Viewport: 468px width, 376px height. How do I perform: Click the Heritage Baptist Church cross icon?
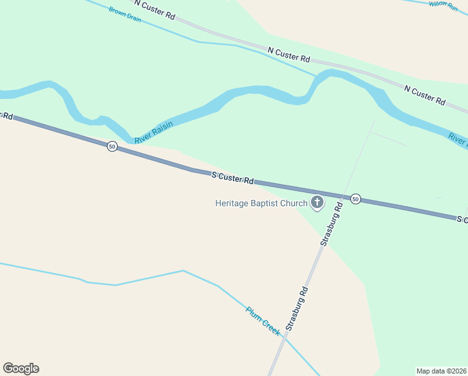[317, 202]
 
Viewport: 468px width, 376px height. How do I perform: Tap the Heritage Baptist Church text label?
[262, 203]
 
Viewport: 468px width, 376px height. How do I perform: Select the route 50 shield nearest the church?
[355, 199]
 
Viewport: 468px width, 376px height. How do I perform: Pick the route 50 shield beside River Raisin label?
[111, 146]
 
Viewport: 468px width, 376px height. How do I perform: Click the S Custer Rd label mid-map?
[233, 179]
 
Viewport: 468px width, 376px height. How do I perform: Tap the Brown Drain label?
[125, 14]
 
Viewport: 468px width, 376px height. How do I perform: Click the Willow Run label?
[444, 4]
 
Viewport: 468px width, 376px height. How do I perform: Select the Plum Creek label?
[263, 321]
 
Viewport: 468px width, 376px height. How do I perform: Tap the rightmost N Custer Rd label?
[424, 95]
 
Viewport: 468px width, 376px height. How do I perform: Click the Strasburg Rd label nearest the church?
[332, 223]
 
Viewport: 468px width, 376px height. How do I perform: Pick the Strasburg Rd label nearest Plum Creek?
[297, 308]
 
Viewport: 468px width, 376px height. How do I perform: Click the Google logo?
[21, 368]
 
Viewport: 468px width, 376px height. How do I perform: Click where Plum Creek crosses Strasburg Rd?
[285, 337]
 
